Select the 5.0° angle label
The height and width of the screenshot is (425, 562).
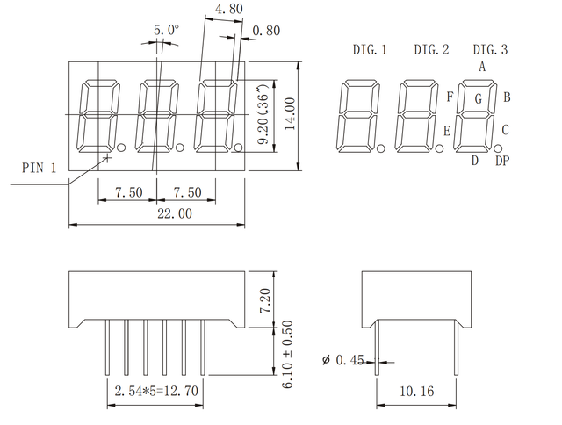(165, 30)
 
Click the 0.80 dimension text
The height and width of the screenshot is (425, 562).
(265, 32)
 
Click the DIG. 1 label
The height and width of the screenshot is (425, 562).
(369, 50)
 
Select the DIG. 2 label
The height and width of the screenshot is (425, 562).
(431, 50)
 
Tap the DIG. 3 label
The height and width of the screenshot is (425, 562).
(491, 50)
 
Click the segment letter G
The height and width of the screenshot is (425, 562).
(479, 99)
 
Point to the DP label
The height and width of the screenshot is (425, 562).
(502, 161)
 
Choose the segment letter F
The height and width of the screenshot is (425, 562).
(450, 97)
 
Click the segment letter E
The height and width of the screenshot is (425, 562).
(446, 132)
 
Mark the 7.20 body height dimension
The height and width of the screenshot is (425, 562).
(291, 298)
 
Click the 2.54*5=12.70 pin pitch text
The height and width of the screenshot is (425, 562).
(155, 393)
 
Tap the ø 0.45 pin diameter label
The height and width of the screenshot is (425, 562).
(343, 359)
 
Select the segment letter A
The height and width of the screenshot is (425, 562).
(482, 67)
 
